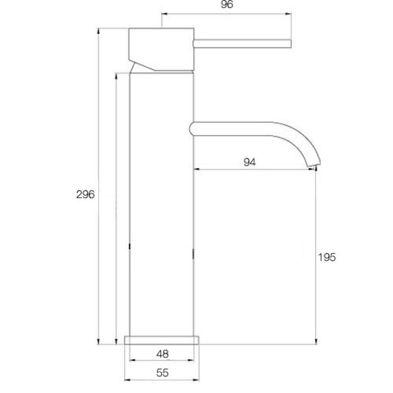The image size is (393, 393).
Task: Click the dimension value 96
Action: click(x=227, y=5)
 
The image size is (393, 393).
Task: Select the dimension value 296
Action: click(x=85, y=195)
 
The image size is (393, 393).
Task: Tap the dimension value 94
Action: click(x=249, y=162)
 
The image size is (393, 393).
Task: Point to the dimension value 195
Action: click(x=327, y=257)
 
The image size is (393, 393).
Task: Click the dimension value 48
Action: click(x=162, y=354)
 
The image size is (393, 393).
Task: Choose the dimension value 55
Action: click(x=162, y=373)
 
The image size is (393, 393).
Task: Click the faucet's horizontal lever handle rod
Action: click(x=242, y=44)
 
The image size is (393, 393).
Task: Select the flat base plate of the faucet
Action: click(x=162, y=340)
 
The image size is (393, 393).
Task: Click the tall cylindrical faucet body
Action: click(x=162, y=203)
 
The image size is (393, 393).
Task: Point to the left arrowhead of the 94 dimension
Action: click(x=196, y=169)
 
